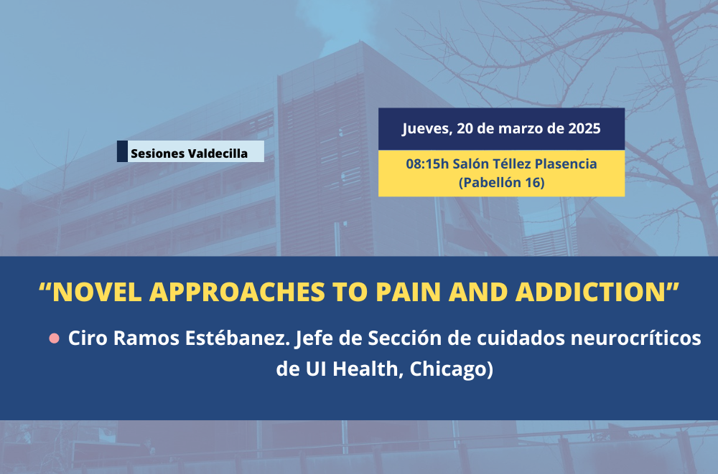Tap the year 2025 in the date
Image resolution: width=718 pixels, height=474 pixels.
(x=584, y=128)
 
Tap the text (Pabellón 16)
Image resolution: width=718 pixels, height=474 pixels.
(x=501, y=183)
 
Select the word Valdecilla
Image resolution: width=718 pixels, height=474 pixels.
(x=218, y=153)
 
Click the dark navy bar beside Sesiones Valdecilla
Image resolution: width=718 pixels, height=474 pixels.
(x=122, y=151)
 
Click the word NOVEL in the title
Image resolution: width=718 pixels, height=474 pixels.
(x=97, y=292)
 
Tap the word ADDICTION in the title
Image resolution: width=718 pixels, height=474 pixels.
(x=590, y=292)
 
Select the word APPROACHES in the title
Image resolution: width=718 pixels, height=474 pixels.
(x=237, y=292)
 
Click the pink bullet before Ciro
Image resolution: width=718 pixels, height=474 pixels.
(x=54, y=338)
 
